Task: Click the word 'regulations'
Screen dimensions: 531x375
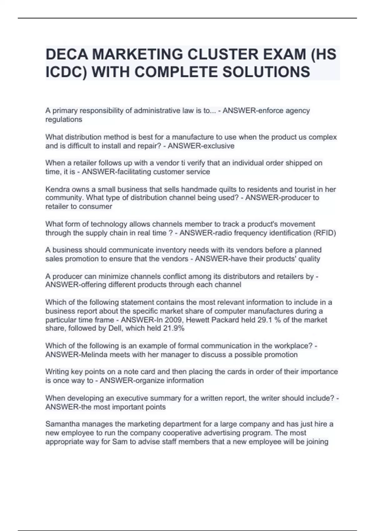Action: pos(64,120)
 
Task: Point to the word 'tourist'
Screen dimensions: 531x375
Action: pos(307,189)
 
